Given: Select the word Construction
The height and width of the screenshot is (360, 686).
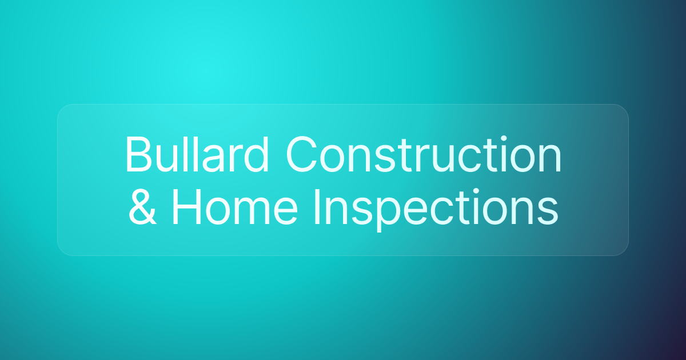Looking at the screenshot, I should [424, 155].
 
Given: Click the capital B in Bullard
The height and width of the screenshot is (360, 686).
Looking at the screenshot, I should [137, 155].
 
